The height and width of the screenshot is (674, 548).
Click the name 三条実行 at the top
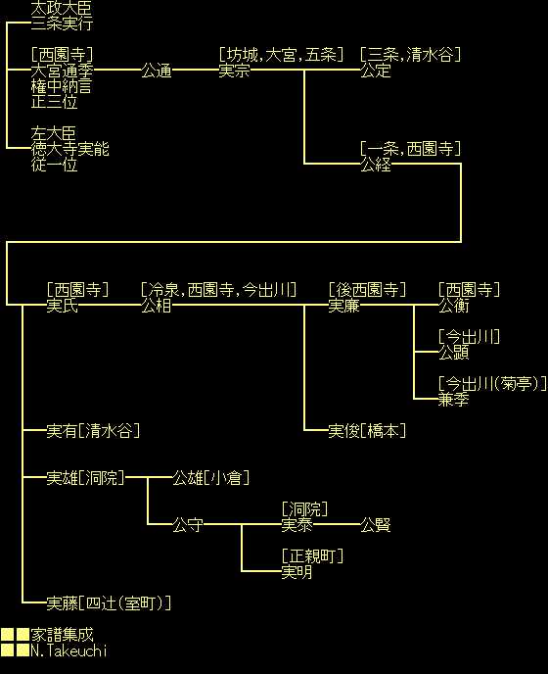pos(62,24)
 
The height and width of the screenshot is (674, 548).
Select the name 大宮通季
pos(62,71)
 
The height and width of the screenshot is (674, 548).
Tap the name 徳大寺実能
pos(70,149)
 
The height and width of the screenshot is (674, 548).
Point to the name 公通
pos(157,71)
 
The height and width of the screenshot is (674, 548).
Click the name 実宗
pos(235,71)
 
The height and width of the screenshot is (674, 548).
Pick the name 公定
pos(376,71)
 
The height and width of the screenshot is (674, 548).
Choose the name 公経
pos(376,165)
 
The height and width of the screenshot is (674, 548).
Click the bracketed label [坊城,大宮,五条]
pos(281,55)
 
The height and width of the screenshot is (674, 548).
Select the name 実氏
pos(63,306)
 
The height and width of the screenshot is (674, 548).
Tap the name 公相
pos(157,306)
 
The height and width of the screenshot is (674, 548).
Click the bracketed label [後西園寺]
pos(367,290)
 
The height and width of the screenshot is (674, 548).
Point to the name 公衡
pos(454,306)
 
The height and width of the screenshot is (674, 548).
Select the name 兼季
pos(454,400)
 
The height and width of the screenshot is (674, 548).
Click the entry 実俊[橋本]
pos(367,431)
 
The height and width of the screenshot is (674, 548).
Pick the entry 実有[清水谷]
pos(93,431)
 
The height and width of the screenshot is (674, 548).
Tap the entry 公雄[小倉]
pos(211,477)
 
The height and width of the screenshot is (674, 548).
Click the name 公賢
pos(376,524)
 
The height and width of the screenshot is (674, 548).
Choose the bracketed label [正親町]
pos(312,555)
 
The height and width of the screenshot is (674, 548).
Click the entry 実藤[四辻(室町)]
pos(109,603)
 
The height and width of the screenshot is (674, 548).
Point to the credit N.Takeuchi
pos(68,650)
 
